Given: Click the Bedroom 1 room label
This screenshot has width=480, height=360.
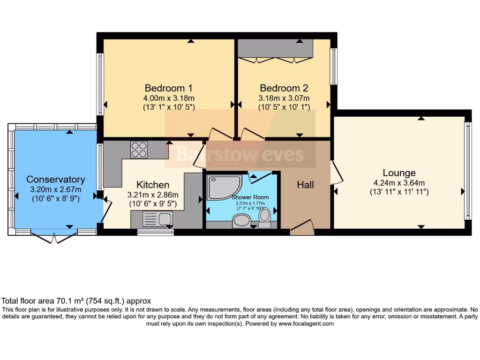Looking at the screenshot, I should [x=168, y=88].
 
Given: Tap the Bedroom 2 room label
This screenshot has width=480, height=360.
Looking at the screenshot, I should [x=284, y=88].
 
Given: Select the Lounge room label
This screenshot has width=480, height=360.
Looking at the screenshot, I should [x=399, y=173].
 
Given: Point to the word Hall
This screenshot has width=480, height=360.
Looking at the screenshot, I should [x=305, y=185].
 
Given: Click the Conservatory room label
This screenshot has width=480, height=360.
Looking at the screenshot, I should [x=56, y=180].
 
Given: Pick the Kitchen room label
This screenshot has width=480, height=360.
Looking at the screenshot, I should [x=153, y=185].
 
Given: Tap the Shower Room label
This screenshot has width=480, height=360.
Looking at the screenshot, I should [x=250, y=197].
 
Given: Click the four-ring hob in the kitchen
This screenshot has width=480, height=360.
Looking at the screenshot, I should [x=139, y=150].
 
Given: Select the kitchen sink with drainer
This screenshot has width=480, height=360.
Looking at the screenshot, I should [x=157, y=218].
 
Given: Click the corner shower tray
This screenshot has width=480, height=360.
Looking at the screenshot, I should [x=224, y=187].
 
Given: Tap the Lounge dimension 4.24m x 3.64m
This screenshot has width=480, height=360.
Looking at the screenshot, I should [x=399, y=183].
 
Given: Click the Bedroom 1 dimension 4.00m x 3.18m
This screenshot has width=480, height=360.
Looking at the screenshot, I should [x=168, y=98].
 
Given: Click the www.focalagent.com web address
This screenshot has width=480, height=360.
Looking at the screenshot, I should [x=306, y=323].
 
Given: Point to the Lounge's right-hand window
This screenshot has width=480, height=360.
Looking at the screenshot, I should [x=467, y=171].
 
